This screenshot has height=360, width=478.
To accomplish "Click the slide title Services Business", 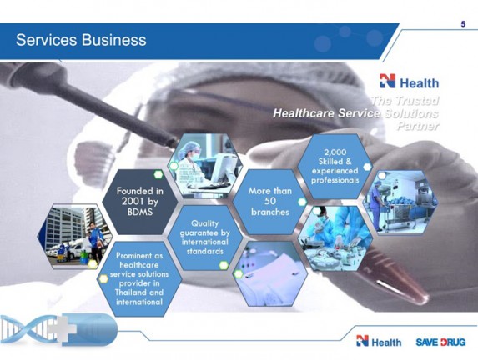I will (81, 40).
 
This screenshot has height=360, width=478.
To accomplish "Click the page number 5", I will (463, 25).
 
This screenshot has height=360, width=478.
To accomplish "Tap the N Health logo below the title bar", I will (409, 82).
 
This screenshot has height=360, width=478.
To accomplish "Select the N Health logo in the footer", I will (379, 342).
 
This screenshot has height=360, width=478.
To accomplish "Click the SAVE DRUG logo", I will (441, 342).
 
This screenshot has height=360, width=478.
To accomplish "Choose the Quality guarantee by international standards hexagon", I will (204, 237).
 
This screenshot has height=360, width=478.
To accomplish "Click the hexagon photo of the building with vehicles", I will (77, 237).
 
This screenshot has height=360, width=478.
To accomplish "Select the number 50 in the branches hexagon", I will (270, 201).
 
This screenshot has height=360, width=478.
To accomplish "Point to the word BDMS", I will (140, 212).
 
